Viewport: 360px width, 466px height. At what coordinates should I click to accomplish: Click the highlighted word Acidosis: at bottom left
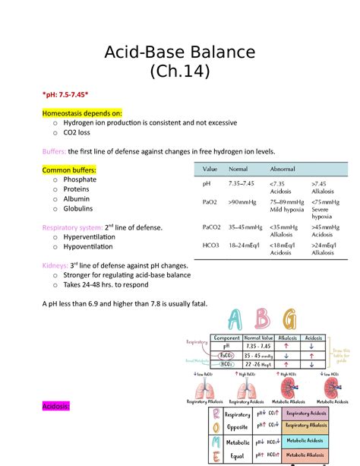click(55, 407)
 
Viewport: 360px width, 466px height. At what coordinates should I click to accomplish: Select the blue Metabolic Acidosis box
click(305, 441)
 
